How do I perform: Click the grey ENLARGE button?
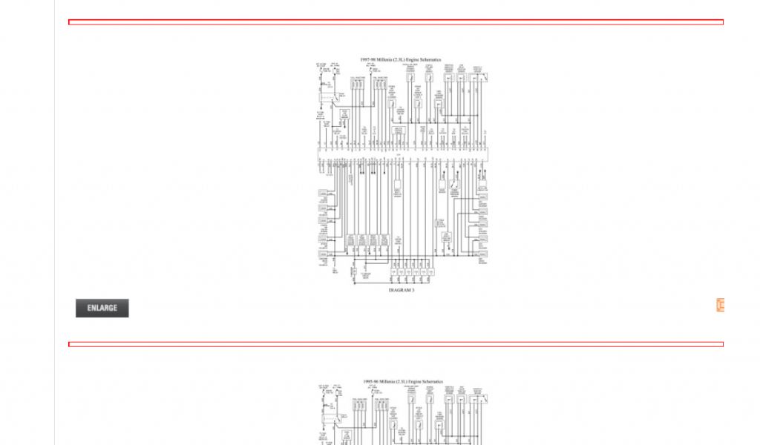pos(102,308)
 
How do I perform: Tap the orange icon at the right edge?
pos(720,305)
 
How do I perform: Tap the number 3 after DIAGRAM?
pos(413,291)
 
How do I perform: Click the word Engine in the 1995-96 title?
pos(418,382)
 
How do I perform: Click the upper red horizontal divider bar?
pos(396,22)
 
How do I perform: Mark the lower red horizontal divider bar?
pos(396,344)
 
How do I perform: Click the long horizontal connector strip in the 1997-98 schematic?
pos(401,155)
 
